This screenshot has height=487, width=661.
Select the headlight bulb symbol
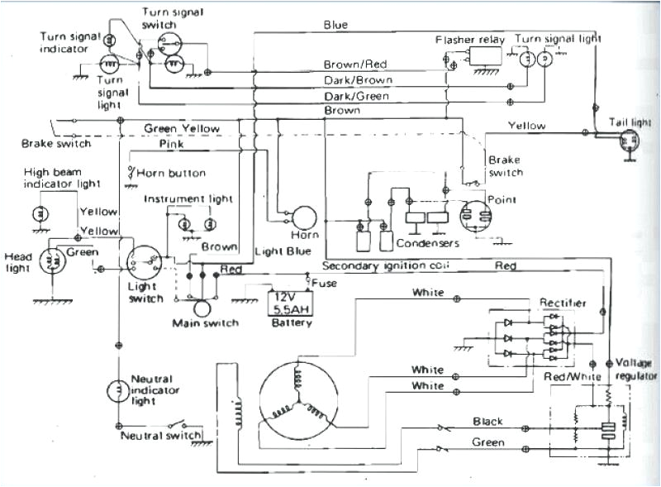pyautogui.click(x=50, y=262)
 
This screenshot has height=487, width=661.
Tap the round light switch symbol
pyautogui.click(x=143, y=262)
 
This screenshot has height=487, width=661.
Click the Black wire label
pyautogui.click(x=487, y=421)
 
